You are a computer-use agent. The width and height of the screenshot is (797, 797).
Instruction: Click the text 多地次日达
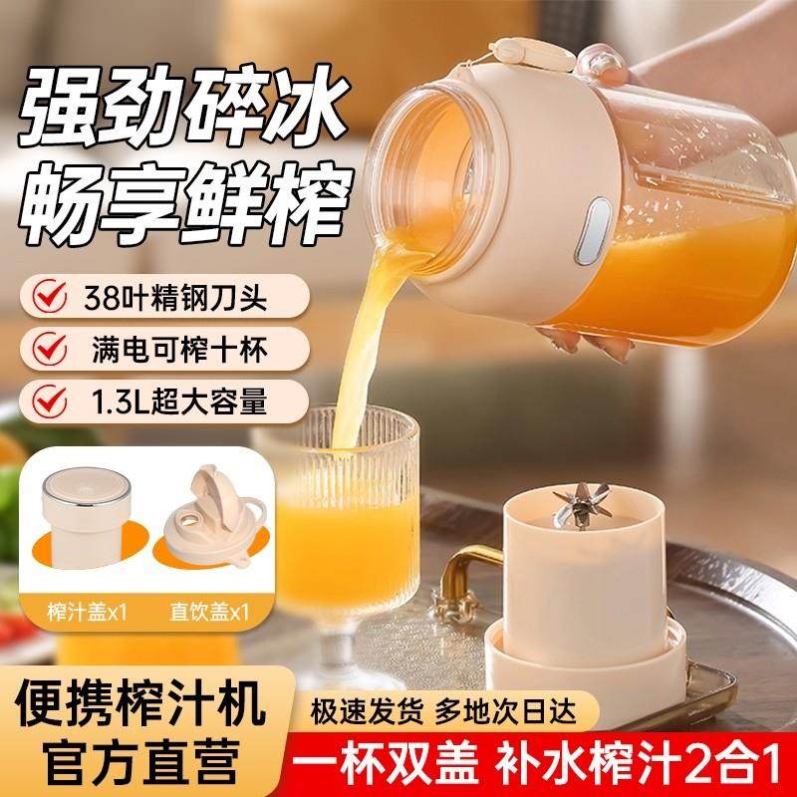pyautogui.click(x=497, y=710)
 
